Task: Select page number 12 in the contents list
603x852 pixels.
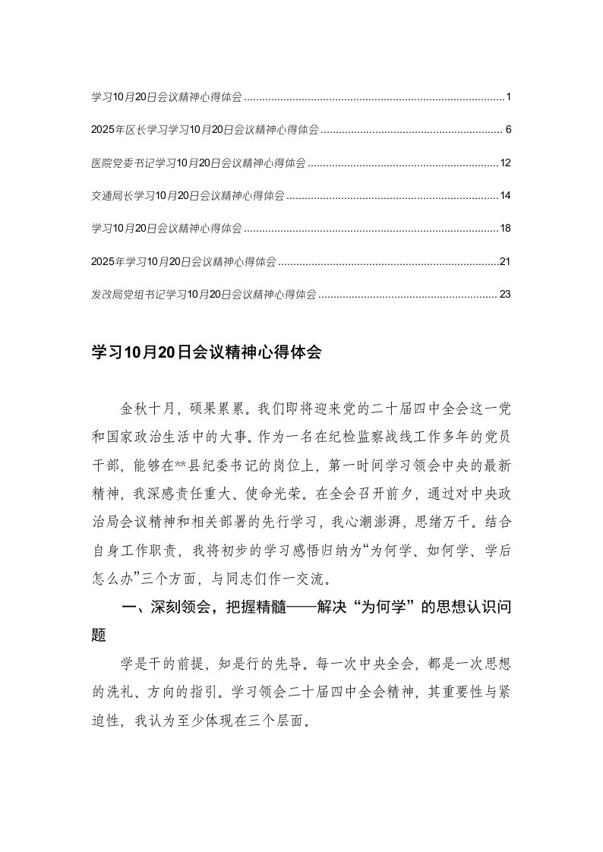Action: pos(507,163)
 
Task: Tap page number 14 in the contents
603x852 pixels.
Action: pos(507,196)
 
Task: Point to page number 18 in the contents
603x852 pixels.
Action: pos(507,229)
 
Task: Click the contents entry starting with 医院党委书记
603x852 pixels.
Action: pos(198,163)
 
